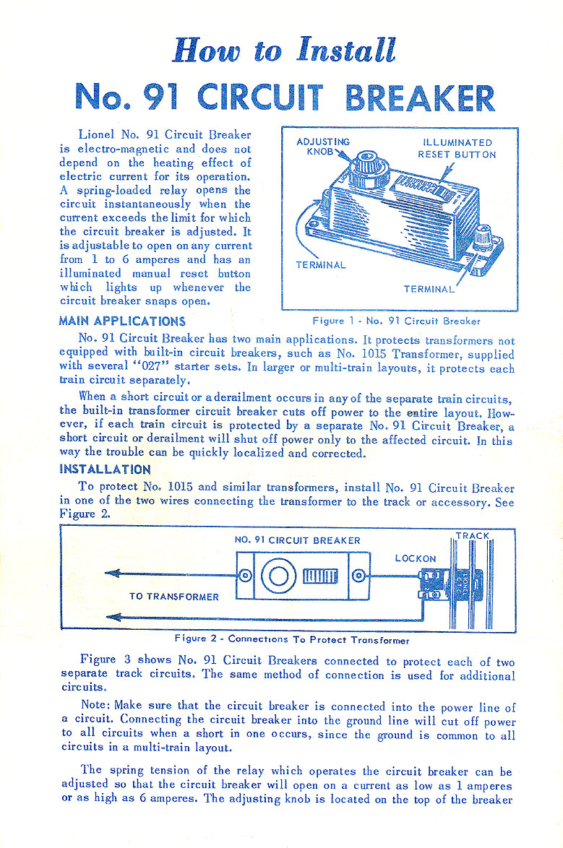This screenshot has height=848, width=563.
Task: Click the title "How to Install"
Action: pos(284,51)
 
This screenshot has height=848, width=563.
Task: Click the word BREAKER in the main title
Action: pos(421,98)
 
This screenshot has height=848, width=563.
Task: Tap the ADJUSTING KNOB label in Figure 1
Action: pos(323,147)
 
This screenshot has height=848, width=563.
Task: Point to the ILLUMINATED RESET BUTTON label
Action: pos(457,148)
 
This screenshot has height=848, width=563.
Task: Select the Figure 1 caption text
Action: pos(397,321)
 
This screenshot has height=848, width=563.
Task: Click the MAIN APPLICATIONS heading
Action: pos(122,321)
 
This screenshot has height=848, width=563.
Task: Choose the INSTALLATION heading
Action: pos(105,469)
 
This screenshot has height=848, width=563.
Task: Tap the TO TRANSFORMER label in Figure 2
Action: pos(173,597)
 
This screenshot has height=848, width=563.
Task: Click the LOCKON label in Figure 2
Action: pos(416,558)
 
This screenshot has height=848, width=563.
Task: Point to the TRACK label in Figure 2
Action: pos(472,536)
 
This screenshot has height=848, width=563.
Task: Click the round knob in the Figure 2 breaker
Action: pos(278,576)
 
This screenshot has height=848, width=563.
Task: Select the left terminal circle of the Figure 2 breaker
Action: pos(246,576)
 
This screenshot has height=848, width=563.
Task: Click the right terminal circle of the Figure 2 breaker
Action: pos(358,576)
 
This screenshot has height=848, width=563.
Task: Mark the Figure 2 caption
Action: pos(292,640)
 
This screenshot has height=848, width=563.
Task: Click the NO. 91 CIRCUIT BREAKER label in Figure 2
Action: pos(298,540)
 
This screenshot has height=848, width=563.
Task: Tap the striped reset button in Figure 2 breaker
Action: pos(319,576)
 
